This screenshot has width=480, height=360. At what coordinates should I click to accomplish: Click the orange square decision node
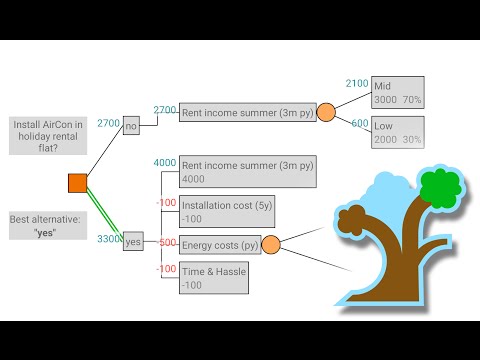[77, 182]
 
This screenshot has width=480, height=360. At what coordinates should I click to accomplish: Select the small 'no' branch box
[131, 127]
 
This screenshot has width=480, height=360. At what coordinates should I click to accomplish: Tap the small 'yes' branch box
[133, 242]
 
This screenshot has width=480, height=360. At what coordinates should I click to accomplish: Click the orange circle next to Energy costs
[270, 244]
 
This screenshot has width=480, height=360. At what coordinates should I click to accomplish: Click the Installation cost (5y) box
[213, 211]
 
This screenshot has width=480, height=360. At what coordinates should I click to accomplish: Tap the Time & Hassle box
[213, 277]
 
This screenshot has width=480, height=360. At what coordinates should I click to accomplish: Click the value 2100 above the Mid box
[357, 84]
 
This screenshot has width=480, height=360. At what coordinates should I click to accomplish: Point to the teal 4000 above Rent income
[165, 163]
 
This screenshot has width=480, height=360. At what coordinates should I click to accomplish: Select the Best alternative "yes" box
[49, 225]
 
